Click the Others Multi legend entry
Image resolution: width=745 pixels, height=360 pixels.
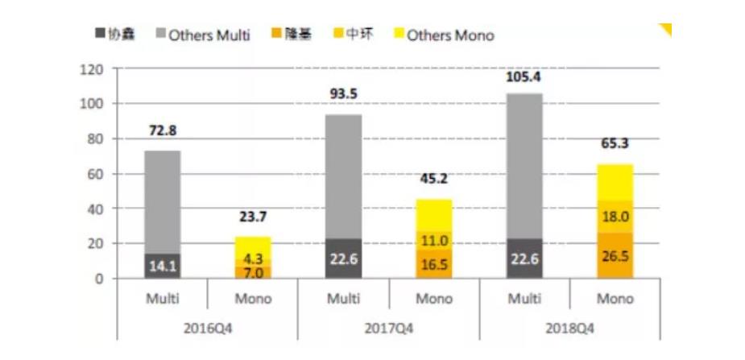tap(209, 35)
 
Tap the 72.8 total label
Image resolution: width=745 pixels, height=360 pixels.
tap(162, 130)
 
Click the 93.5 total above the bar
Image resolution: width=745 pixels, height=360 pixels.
tap(342, 93)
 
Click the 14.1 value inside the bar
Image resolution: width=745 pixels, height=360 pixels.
tap(162, 266)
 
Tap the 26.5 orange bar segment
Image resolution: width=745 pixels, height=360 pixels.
tap(614, 255)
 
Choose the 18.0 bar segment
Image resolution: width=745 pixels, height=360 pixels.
tap(614, 217)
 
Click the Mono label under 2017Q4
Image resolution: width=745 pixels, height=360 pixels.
tap(434, 299)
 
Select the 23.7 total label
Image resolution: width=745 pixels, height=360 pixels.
tap(252, 216)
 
